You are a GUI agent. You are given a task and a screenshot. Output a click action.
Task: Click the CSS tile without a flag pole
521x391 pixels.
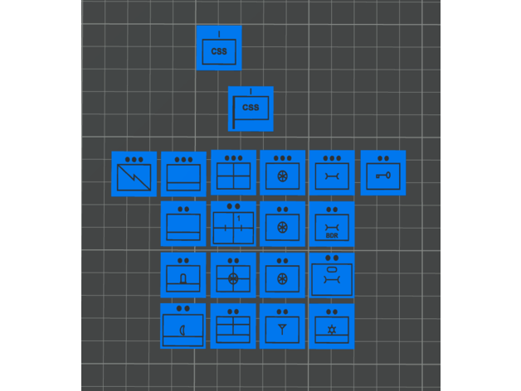(219, 48)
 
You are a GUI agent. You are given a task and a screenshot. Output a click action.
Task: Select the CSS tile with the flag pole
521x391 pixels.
(251, 109)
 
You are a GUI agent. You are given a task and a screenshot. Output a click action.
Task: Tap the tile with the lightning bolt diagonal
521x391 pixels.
(134, 174)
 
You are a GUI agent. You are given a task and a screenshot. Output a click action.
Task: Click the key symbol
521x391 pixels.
(382, 176)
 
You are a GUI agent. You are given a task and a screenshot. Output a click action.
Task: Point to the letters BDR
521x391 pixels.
(332, 235)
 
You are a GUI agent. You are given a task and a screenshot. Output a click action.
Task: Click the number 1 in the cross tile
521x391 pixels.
(239, 219)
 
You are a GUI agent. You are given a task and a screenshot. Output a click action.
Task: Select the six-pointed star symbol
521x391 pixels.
(332, 331)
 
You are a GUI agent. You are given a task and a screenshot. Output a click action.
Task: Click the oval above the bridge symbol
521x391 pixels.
(331, 270)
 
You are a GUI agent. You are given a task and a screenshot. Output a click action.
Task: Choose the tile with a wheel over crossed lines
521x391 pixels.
(233, 276)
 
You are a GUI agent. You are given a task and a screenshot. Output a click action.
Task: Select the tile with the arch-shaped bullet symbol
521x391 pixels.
(183, 276)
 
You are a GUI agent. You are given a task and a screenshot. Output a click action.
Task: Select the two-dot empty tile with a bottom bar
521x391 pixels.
(183, 224)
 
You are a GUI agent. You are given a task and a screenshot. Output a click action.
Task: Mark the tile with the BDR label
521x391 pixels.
(332, 224)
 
